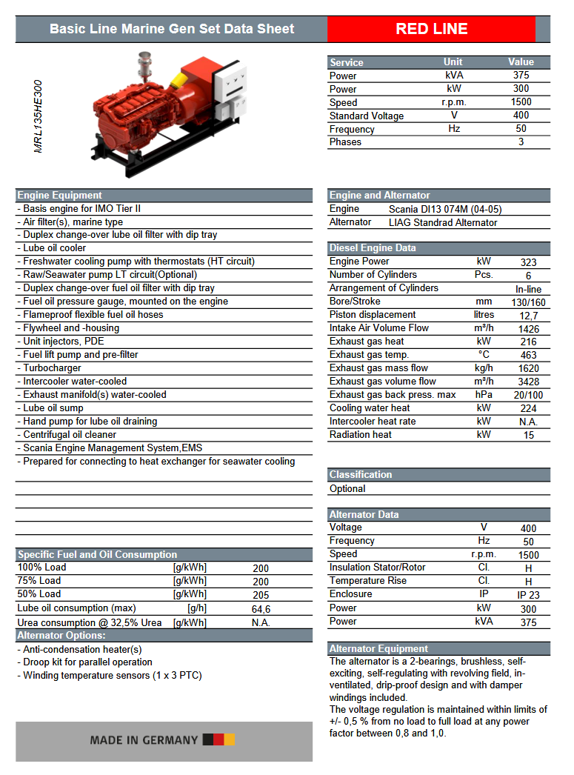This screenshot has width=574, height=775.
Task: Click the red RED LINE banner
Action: [x=431, y=29]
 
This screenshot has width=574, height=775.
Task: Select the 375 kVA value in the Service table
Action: [x=521, y=76]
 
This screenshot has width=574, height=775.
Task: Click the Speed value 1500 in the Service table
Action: [x=521, y=102]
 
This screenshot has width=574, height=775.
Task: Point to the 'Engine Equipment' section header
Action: [x=60, y=196]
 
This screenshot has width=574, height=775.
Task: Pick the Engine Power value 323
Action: [x=528, y=262]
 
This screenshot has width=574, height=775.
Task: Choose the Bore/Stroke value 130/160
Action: [x=528, y=302]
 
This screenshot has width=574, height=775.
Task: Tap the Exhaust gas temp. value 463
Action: [x=528, y=356]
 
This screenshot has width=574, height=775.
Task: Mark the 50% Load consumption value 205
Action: [x=261, y=595]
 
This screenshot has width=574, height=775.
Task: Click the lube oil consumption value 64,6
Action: [x=261, y=609]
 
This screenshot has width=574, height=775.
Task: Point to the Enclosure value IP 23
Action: [x=528, y=595]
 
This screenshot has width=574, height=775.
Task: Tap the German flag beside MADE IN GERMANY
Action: [x=218, y=739]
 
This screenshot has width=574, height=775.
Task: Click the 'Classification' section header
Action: [x=361, y=474]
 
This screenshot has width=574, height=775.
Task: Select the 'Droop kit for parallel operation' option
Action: [x=87, y=662]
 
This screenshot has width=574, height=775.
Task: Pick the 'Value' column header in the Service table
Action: [x=521, y=62]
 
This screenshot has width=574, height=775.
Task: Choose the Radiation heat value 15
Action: [x=528, y=436]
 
